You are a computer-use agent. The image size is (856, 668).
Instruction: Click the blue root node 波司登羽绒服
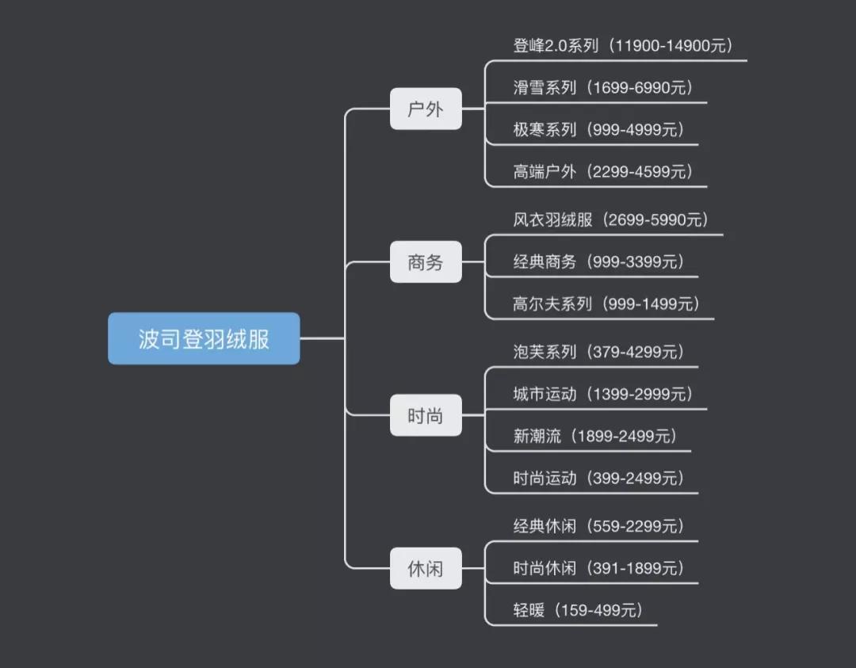[x=204, y=338]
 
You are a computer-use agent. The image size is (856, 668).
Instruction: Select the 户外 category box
[x=426, y=109]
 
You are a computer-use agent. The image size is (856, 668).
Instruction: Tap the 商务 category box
[x=426, y=261]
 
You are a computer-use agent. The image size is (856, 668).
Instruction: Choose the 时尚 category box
[x=426, y=415]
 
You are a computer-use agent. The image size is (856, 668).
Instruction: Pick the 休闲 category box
[x=426, y=568]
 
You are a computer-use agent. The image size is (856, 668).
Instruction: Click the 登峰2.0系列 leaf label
[x=556, y=45]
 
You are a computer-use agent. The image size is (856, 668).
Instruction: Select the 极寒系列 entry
[x=545, y=130]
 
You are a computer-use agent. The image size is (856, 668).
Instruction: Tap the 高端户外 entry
[x=545, y=172]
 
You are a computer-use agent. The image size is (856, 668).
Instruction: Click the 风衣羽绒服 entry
[x=552, y=219]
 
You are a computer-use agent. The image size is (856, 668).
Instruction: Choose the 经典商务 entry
[x=545, y=261]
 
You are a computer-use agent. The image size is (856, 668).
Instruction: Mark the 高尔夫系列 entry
[x=552, y=303]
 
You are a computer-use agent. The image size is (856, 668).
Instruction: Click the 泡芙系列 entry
[x=545, y=351]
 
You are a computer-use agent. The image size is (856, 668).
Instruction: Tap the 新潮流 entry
[x=537, y=436]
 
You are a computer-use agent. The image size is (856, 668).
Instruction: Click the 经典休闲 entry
[x=545, y=525]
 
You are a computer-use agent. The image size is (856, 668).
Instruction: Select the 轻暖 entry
[x=529, y=610]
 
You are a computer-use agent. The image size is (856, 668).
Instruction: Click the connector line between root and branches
[x=323, y=338]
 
